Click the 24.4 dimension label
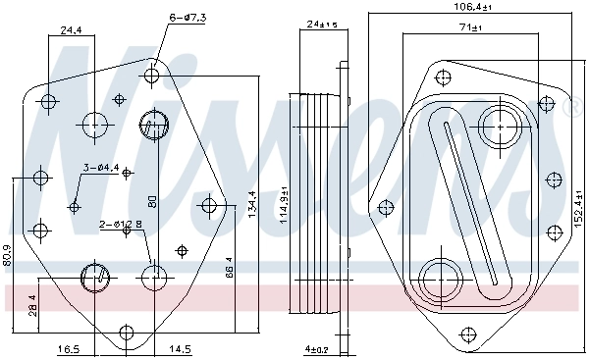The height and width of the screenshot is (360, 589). point(71,30)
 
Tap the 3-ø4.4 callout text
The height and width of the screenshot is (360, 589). point(101,168)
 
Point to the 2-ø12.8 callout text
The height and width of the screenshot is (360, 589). point(121,225)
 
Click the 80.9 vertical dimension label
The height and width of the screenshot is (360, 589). point(7,256)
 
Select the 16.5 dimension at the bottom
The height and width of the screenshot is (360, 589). point(68,348)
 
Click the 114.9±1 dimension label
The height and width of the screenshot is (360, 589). point(284,205)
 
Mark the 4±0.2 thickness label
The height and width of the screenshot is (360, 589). point(317,348)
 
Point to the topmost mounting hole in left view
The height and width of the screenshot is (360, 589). point(153,75)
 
